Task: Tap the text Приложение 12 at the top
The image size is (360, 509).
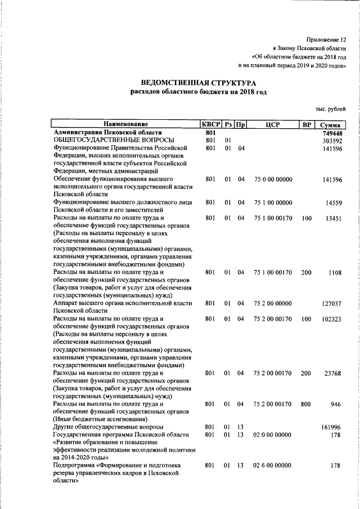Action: (326, 40)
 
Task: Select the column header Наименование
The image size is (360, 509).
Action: (125, 124)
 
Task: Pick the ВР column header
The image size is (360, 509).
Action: (306, 124)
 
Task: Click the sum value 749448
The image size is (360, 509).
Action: (332, 132)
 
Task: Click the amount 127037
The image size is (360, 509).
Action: (332, 303)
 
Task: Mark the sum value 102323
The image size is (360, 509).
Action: (332, 319)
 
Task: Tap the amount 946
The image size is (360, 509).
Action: (337, 404)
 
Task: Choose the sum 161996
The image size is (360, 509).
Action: (332, 427)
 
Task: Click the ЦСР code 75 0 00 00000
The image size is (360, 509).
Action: (273, 179)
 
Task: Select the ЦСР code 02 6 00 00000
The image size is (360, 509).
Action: (273, 466)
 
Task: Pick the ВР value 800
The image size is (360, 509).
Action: (306, 404)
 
